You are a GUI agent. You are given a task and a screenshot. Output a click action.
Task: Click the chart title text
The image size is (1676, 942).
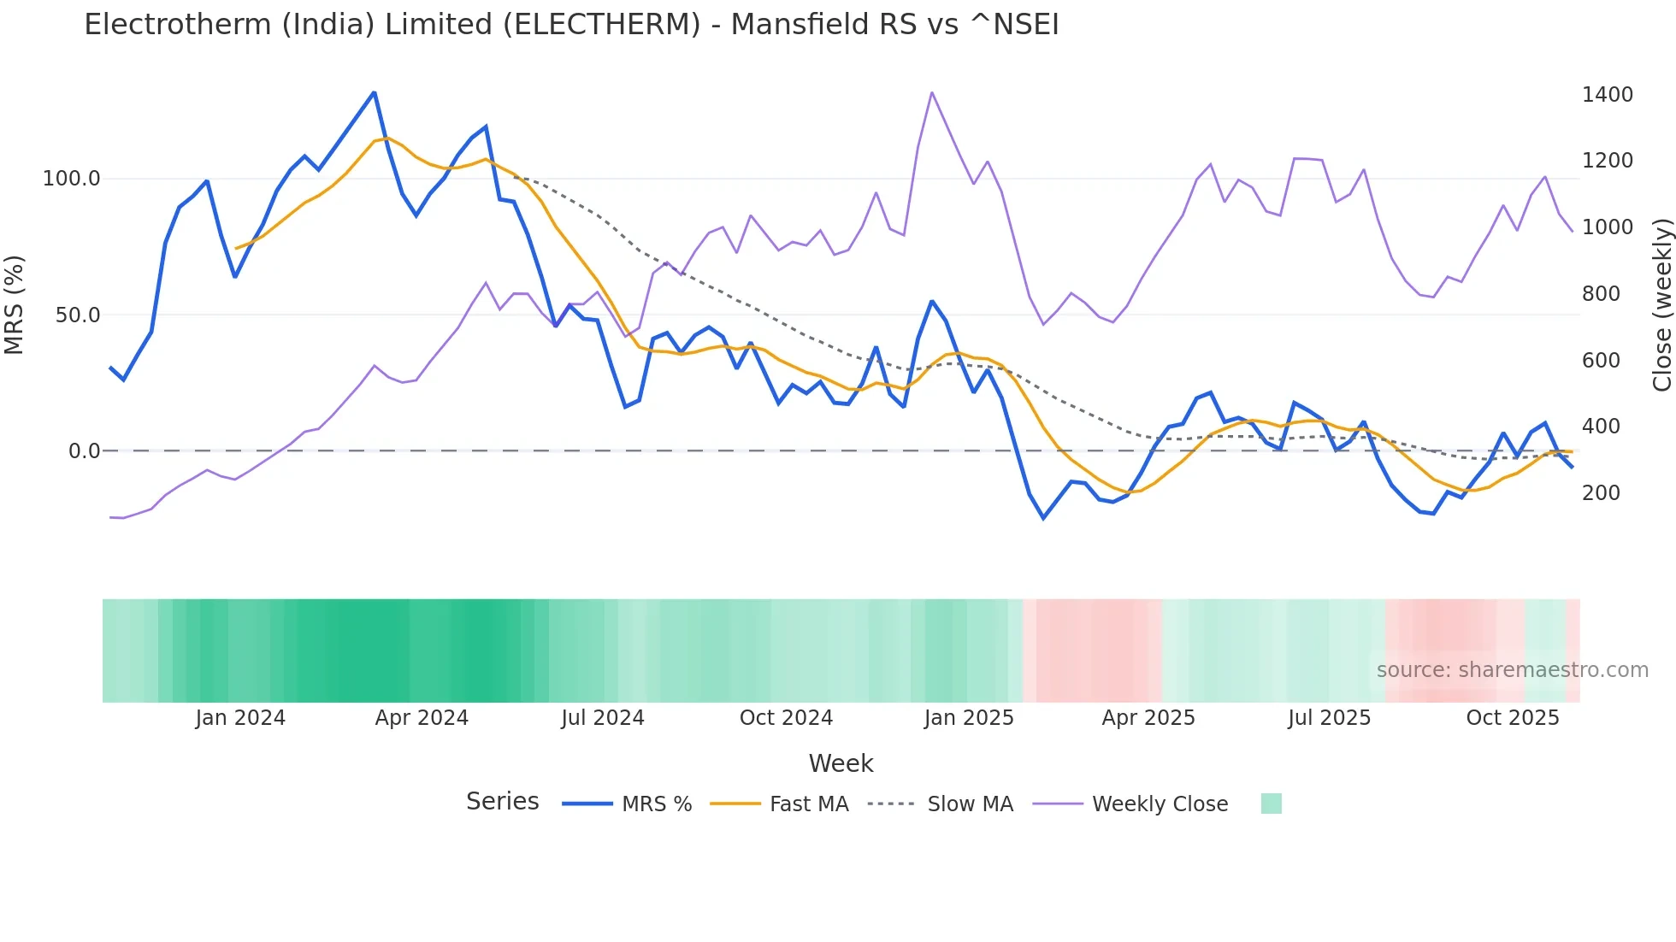pos(571,25)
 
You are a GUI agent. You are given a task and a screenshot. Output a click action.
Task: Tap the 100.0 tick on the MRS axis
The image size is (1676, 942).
pos(72,179)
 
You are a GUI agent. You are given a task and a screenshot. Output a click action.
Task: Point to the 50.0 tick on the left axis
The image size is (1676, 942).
pos(77,315)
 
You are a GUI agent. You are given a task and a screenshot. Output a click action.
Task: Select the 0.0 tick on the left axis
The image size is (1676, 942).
pos(84,451)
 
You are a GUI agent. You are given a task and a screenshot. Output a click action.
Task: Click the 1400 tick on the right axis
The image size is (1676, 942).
pos(1607,95)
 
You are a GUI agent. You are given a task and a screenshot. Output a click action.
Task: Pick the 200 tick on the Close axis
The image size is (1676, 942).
pos(1601,493)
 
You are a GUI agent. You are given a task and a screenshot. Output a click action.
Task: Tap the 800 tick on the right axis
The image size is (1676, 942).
pos(1601,294)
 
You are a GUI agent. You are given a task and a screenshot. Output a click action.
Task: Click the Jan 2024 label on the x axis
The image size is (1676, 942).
pos(240,718)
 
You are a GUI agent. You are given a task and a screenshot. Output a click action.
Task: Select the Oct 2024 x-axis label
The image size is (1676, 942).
pos(786,718)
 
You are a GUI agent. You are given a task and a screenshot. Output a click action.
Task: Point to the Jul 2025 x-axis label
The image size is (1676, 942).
pos(1329,718)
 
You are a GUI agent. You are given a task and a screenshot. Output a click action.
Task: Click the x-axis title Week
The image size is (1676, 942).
pos(841,763)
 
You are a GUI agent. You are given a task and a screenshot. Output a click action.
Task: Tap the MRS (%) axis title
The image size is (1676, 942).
pos(15,304)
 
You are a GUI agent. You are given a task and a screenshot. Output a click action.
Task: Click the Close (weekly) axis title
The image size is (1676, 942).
pos(1661,305)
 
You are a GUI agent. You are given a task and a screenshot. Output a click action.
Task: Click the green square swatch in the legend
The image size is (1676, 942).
pos(1271,804)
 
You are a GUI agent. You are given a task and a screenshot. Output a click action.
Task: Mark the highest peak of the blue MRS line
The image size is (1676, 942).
pos(374,93)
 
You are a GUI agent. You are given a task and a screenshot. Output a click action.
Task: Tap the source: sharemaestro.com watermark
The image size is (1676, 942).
pos(1512,670)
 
